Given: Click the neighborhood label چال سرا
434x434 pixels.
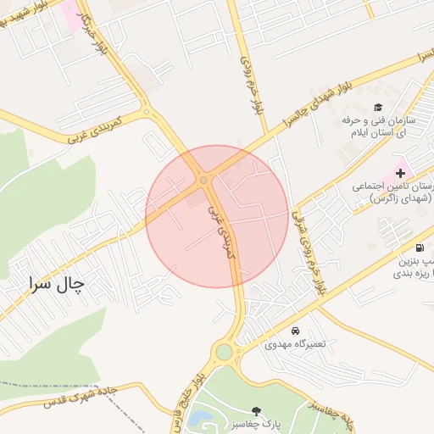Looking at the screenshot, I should click(x=58, y=283).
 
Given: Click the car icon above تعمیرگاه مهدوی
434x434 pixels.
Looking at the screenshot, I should click(x=295, y=330).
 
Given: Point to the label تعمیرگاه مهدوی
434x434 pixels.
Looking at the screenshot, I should click(x=293, y=343).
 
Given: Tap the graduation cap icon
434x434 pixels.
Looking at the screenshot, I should click(x=378, y=108).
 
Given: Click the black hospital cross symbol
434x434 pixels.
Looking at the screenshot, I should click(x=400, y=173).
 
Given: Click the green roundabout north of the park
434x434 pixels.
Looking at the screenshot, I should click(x=224, y=351).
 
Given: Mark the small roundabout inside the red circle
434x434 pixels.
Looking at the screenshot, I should click(x=203, y=180).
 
